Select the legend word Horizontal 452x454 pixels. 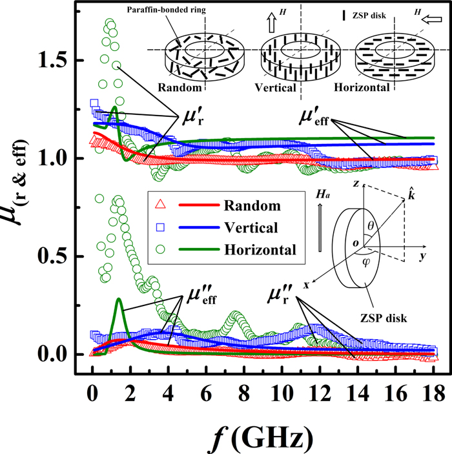point(262,248)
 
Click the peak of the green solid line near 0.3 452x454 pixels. point(119,299)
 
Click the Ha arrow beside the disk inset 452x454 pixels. point(322,232)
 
